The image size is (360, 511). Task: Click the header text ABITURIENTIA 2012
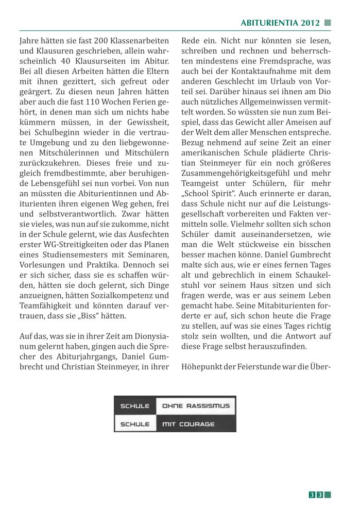280,23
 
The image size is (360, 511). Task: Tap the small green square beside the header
328,23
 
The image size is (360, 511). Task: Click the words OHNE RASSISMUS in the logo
196,406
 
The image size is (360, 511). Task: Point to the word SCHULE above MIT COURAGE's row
134,406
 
